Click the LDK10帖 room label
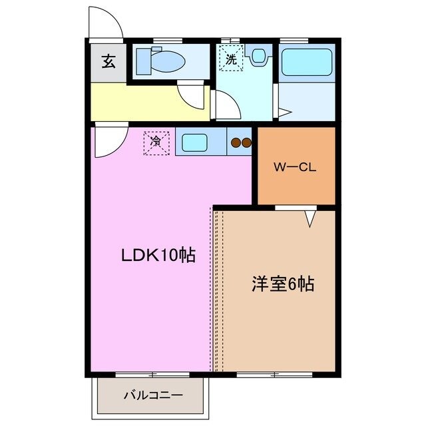pos(158,255)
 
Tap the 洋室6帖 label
pos(283,284)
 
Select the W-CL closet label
pos(295,167)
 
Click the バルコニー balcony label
pos(152,395)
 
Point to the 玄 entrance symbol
pos(107,63)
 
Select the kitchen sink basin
pos(195,142)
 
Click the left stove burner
pos(235,141)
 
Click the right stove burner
pos(245,141)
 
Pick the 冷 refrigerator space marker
pos(156,142)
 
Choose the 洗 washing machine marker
pos(231,60)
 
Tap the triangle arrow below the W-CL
pos(310,218)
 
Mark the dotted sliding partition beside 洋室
pos(214,290)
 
